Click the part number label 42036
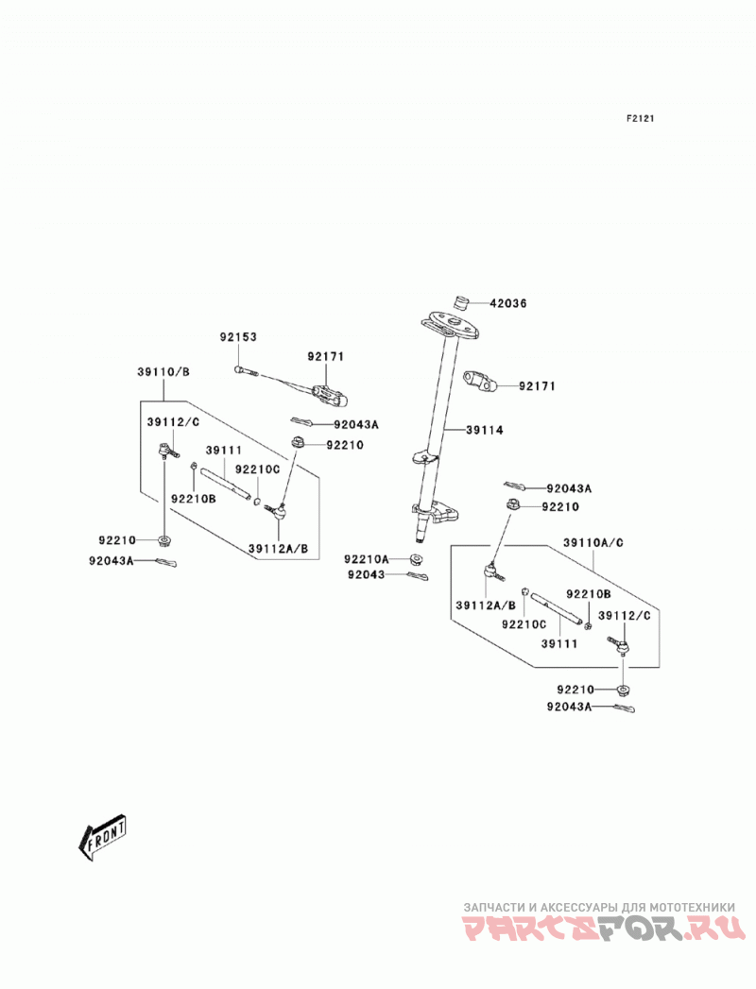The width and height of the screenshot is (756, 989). pyautogui.click(x=508, y=303)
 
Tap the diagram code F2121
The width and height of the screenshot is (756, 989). pyautogui.click(x=640, y=118)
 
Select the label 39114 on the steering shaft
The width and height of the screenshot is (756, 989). pyautogui.click(x=485, y=430)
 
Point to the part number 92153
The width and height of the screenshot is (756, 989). pyautogui.click(x=238, y=337)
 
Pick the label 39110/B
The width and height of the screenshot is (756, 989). pyautogui.click(x=163, y=372)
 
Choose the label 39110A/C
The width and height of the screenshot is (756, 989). pyautogui.click(x=593, y=542)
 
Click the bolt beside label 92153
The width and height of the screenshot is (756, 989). pyautogui.click(x=246, y=371)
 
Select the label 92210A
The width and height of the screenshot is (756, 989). pyautogui.click(x=367, y=559)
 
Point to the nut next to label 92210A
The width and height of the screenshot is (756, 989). pyautogui.click(x=415, y=559)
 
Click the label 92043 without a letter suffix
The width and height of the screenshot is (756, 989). pyautogui.click(x=366, y=574)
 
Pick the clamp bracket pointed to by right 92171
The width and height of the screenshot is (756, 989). pyautogui.click(x=482, y=382)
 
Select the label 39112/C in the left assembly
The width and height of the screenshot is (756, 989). pyautogui.click(x=173, y=422)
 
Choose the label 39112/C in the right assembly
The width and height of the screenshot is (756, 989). pyautogui.click(x=624, y=616)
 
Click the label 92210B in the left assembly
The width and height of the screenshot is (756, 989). pyautogui.click(x=194, y=499)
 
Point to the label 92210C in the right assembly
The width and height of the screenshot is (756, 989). pyautogui.click(x=524, y=624)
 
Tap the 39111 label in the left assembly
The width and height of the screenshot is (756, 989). pyautogui.click(x=224, y=451)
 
